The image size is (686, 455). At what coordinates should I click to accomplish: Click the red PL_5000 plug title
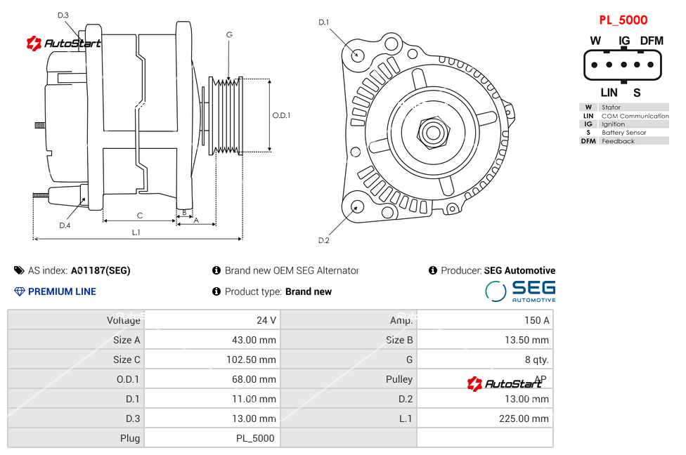coord(623,20)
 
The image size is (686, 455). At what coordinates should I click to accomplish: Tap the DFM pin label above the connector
coord(652,41)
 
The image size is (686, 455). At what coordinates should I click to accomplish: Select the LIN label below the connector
coord(609,93)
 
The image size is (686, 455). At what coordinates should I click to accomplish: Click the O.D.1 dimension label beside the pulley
coord(281,115)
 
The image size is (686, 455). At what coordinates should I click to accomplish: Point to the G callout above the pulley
coord(229,34)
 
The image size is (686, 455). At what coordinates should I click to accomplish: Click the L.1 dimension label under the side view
coord(136,232)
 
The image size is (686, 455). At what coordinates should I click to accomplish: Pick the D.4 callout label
coord(65,225)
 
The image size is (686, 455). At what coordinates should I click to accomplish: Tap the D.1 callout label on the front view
coord(324,22)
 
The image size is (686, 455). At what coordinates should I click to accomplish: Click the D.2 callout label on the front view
coord(324,240)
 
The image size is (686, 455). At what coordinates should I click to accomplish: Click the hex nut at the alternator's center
coord(433,133)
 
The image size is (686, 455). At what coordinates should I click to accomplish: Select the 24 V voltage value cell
coord(266,320)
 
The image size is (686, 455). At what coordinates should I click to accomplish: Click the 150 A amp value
coord(537,320)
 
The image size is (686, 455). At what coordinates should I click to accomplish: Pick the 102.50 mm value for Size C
coord(251,360)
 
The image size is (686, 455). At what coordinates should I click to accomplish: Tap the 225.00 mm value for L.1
coord(524,418)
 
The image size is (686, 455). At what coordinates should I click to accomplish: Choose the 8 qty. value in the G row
coord(537,360)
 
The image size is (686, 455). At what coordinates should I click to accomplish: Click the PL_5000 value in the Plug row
coord(255,438)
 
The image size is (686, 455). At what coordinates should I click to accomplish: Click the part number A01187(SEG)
coord(101,270)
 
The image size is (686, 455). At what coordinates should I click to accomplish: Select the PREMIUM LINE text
coord(62,291)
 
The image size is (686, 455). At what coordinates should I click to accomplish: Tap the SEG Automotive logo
coord(520,291)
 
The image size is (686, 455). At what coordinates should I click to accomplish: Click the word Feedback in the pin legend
coord(618,141)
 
